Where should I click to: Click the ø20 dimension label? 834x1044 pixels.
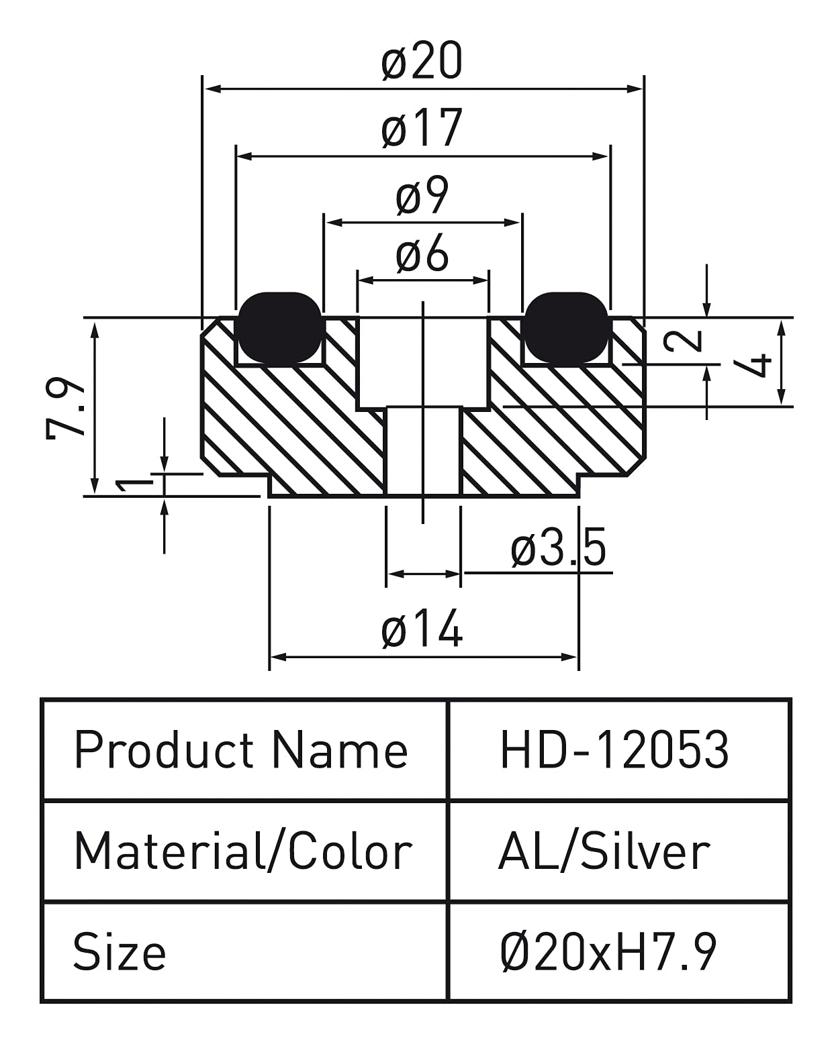(422, 62)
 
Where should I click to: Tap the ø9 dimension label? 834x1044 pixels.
(422, 197)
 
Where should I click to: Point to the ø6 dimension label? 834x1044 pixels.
(422, 255)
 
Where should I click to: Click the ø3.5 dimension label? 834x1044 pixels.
(559, 548)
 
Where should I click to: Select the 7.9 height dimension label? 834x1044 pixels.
(66, 409)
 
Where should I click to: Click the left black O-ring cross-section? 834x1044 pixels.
(280, 327)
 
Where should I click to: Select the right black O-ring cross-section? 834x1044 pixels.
(566, 327)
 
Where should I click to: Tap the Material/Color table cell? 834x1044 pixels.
(242, 851)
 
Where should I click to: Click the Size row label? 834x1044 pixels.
(120, 952)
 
